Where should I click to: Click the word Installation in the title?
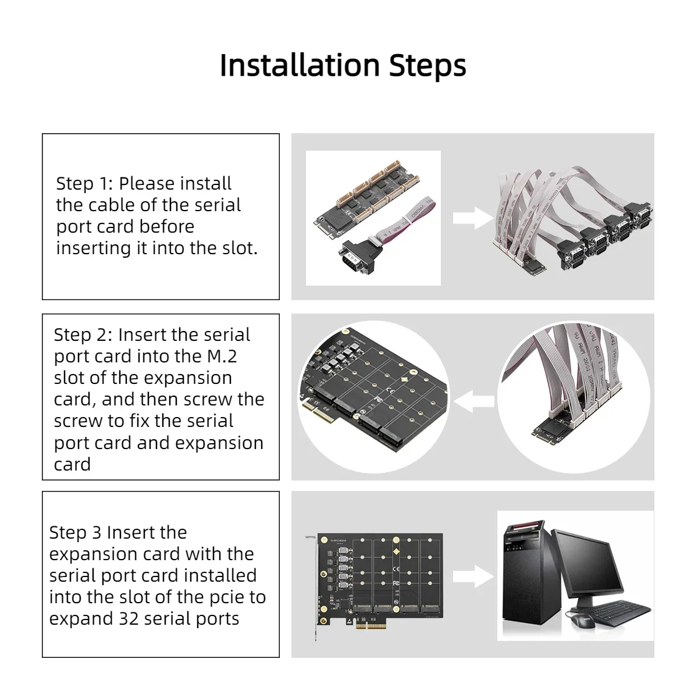pyautogui.click(x=300, y=65)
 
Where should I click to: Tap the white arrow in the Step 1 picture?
pyautogui.click(x=473, y=218)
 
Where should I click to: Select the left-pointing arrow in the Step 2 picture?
pyautogui.click(x=474, y=401)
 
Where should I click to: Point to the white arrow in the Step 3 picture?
pyautogui.click(x=473, y=576)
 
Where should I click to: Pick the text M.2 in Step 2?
pyautogui.click(x=222, y=356)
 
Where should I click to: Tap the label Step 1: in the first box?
pyautogui.click(x=85, y=183)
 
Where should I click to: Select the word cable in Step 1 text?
pyautogui.click(x=112, y=205)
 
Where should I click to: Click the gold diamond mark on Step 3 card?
pyautogui.click(x=396, y=551)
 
